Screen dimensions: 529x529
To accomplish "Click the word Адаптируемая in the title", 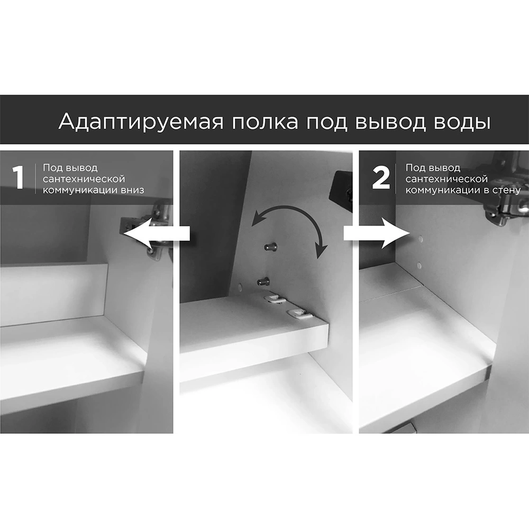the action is tap(141, 122).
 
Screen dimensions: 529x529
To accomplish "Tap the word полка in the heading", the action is tap(265, 122).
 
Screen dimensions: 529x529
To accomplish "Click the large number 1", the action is tap(18, 177).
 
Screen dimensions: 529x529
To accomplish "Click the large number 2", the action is tap(380, 177).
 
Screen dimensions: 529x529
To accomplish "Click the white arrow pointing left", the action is tap(157, 233).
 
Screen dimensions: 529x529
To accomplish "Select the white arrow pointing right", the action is tap(377, 233).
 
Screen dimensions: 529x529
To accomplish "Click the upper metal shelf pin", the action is tap(271, 247).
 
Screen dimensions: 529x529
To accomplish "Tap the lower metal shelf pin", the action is tap(263, 281).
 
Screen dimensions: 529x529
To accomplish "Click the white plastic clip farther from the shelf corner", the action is tap(275, 298).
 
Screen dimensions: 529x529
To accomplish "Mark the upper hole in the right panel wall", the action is tap(421, 239).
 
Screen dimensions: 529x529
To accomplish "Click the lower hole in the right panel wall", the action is tap(419, 266).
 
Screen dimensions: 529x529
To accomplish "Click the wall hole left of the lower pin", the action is tap(240, 287).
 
